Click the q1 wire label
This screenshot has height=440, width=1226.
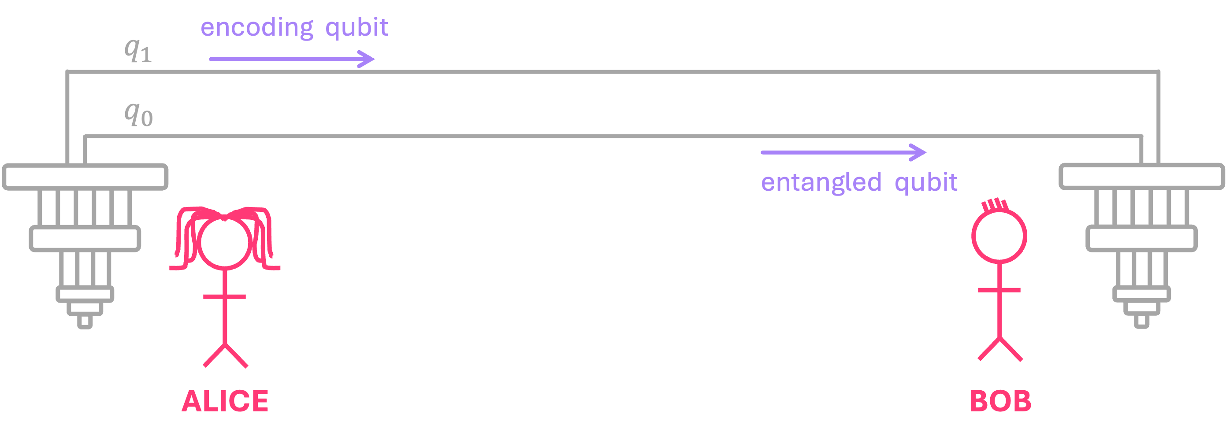[138, 50]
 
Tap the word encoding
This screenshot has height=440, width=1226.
[257, 28]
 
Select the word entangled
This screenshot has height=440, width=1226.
[821, 183]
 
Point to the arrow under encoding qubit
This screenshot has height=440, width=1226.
[292, 59]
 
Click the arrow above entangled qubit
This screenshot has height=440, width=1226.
[843, 152]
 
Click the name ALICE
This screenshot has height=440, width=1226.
[225, 401]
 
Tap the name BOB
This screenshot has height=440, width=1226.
[1000, 401]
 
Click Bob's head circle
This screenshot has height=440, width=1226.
[999, 236]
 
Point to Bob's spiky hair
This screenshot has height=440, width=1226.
[994, 205]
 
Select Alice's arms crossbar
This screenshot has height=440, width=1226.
[224, 297]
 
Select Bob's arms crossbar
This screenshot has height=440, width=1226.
[999, 290]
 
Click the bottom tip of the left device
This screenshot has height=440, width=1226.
[85, 322]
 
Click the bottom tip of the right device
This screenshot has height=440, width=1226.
[1141, 322]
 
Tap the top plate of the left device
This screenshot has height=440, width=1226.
[85, 177]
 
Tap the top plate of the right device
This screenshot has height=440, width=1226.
[1141, 177]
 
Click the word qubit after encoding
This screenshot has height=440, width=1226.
[357, 28]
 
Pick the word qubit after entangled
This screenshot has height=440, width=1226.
[926, 183]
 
